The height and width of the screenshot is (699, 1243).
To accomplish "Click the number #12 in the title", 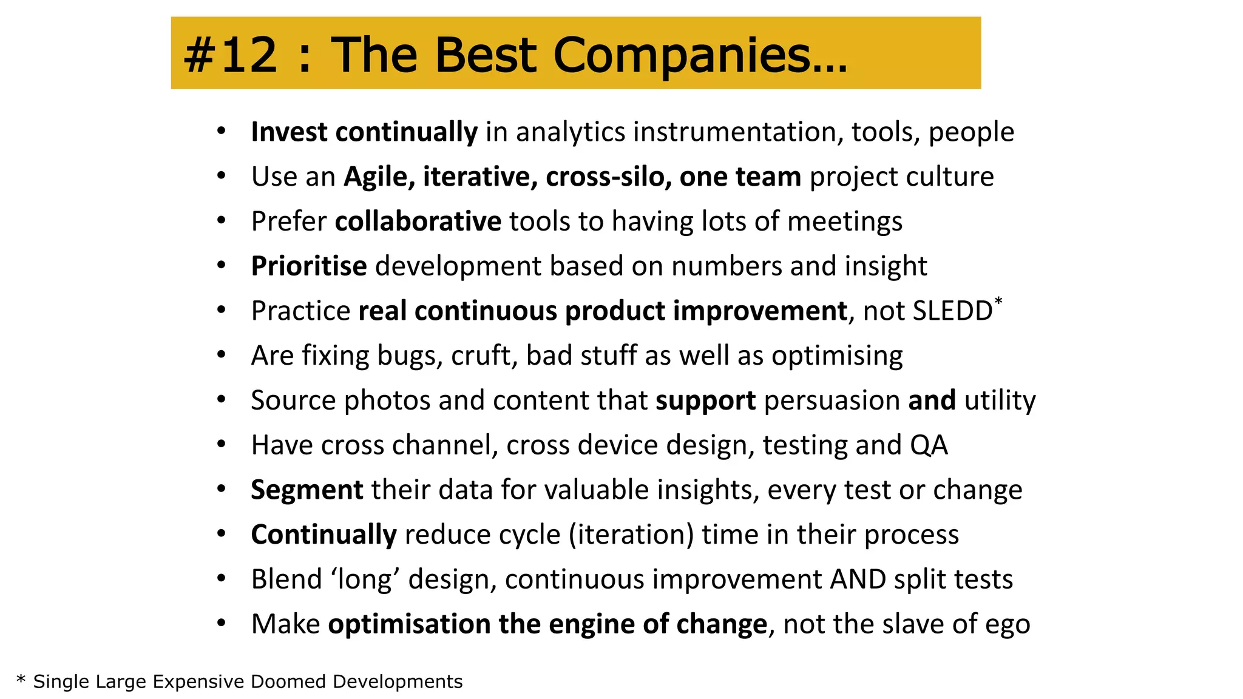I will point(231,55).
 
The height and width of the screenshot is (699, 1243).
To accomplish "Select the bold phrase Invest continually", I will point(364,132).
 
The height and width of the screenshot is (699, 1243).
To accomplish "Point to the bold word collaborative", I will point(418,221).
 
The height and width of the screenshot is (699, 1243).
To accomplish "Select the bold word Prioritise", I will point(309,266).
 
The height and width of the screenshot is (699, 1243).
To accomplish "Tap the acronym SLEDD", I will point(952,311).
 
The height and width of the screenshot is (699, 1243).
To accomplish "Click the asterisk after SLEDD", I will point(998,301).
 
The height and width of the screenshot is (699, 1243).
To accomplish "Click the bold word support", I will point(705,401).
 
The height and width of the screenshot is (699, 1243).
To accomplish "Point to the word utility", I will point(1000,401).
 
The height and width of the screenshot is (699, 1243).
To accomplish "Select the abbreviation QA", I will point(929,445).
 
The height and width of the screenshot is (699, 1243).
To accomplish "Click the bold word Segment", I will point(307,490).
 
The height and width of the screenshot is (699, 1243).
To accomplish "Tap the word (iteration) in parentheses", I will point(631,535).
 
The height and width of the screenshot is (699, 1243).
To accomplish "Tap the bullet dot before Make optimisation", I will point(222,623).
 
